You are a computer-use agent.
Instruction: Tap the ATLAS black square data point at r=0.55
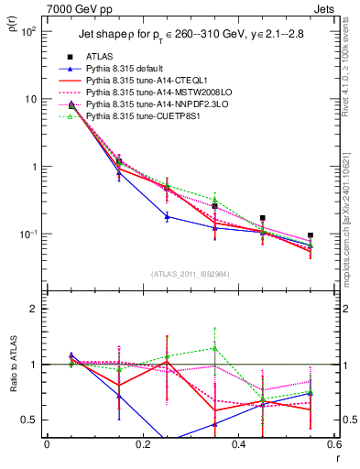click(311, 235)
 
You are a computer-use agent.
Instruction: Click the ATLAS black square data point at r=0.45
click(263, 218)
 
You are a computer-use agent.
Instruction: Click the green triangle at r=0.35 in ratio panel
click(214, 348)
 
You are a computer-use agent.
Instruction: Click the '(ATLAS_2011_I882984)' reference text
click(190, 273)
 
